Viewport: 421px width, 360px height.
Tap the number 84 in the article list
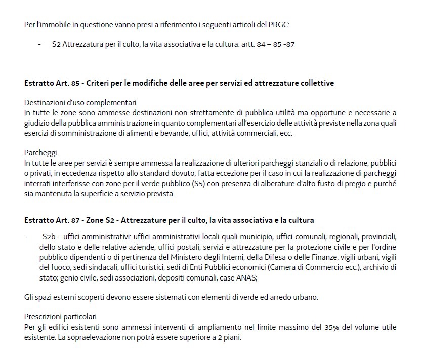[261, 45]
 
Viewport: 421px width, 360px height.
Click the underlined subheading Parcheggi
[40, 152]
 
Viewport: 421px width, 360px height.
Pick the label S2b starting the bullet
[49, 237]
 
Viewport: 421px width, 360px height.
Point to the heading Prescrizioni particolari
[60, 317]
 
